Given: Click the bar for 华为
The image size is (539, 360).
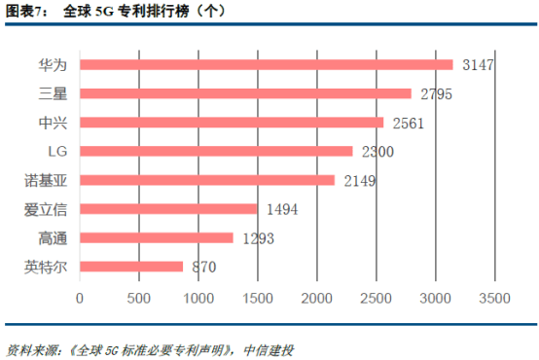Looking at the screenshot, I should pos(266,65).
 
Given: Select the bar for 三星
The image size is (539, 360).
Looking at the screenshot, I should pos(245,93).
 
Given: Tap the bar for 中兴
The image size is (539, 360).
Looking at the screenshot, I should pos(231,123).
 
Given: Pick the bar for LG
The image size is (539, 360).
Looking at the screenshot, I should pos(215,151).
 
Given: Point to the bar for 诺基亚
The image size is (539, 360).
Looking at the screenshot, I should pos(206,180).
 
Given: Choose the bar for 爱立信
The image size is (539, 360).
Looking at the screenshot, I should pos(167,208).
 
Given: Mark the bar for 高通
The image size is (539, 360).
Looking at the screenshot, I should pos(156,237).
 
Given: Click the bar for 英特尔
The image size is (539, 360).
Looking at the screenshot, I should pos(130,266).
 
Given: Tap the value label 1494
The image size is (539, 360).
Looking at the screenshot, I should pos(283,209).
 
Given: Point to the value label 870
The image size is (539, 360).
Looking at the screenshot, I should pos(203,267).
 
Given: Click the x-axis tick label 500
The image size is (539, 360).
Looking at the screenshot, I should pos(139,298).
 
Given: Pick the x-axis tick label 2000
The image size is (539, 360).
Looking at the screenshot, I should pos(317,298).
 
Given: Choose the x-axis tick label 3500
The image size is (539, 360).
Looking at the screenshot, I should pos(496,298).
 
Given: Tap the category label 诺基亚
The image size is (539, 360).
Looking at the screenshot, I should pos(45,180).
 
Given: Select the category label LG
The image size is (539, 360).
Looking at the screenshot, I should pos(56,151).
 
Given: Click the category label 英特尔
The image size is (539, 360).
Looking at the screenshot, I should pos(45,267).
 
